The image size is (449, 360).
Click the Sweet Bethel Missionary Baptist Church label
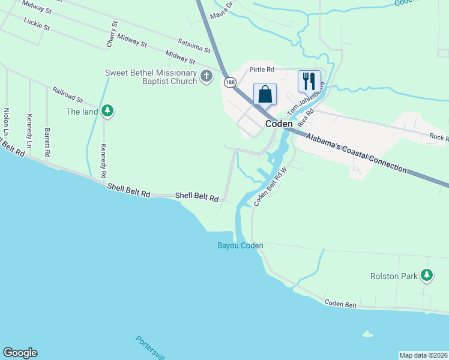pyautogui.click(x=151, y=77)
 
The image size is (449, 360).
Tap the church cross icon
pyautogui.click(x=206, y=76)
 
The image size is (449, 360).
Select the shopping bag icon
pyautogui.click(x=265, y=94)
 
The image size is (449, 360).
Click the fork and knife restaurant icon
pyautogui.click(x=309, y=81)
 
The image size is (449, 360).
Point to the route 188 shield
pyautogui.click(x=230, y=82)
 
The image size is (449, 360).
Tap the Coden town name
pyautogui.click(x=279, y=124)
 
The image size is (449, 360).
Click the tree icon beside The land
pyautogui.click(x=107, y=110)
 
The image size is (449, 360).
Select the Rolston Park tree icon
pyautogui.click(x=427, y=275)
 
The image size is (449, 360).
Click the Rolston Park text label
pyautogui.click(x=393, y=276)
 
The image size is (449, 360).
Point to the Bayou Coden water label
pyautogui.click(x=240, y=245)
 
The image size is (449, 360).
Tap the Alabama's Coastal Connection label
pyautogui.click(x=356, y=154)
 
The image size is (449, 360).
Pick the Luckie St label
pyautogui.click(x=37, y=24)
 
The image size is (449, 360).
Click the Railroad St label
pyautogui.click(x=67, y=95)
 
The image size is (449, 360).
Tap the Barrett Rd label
pyautogui.click(x=47, y=142)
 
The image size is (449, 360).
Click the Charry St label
pyautogui.click(x=111, y=34)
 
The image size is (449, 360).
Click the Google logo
pyautogui.click(x=20, y=353)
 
